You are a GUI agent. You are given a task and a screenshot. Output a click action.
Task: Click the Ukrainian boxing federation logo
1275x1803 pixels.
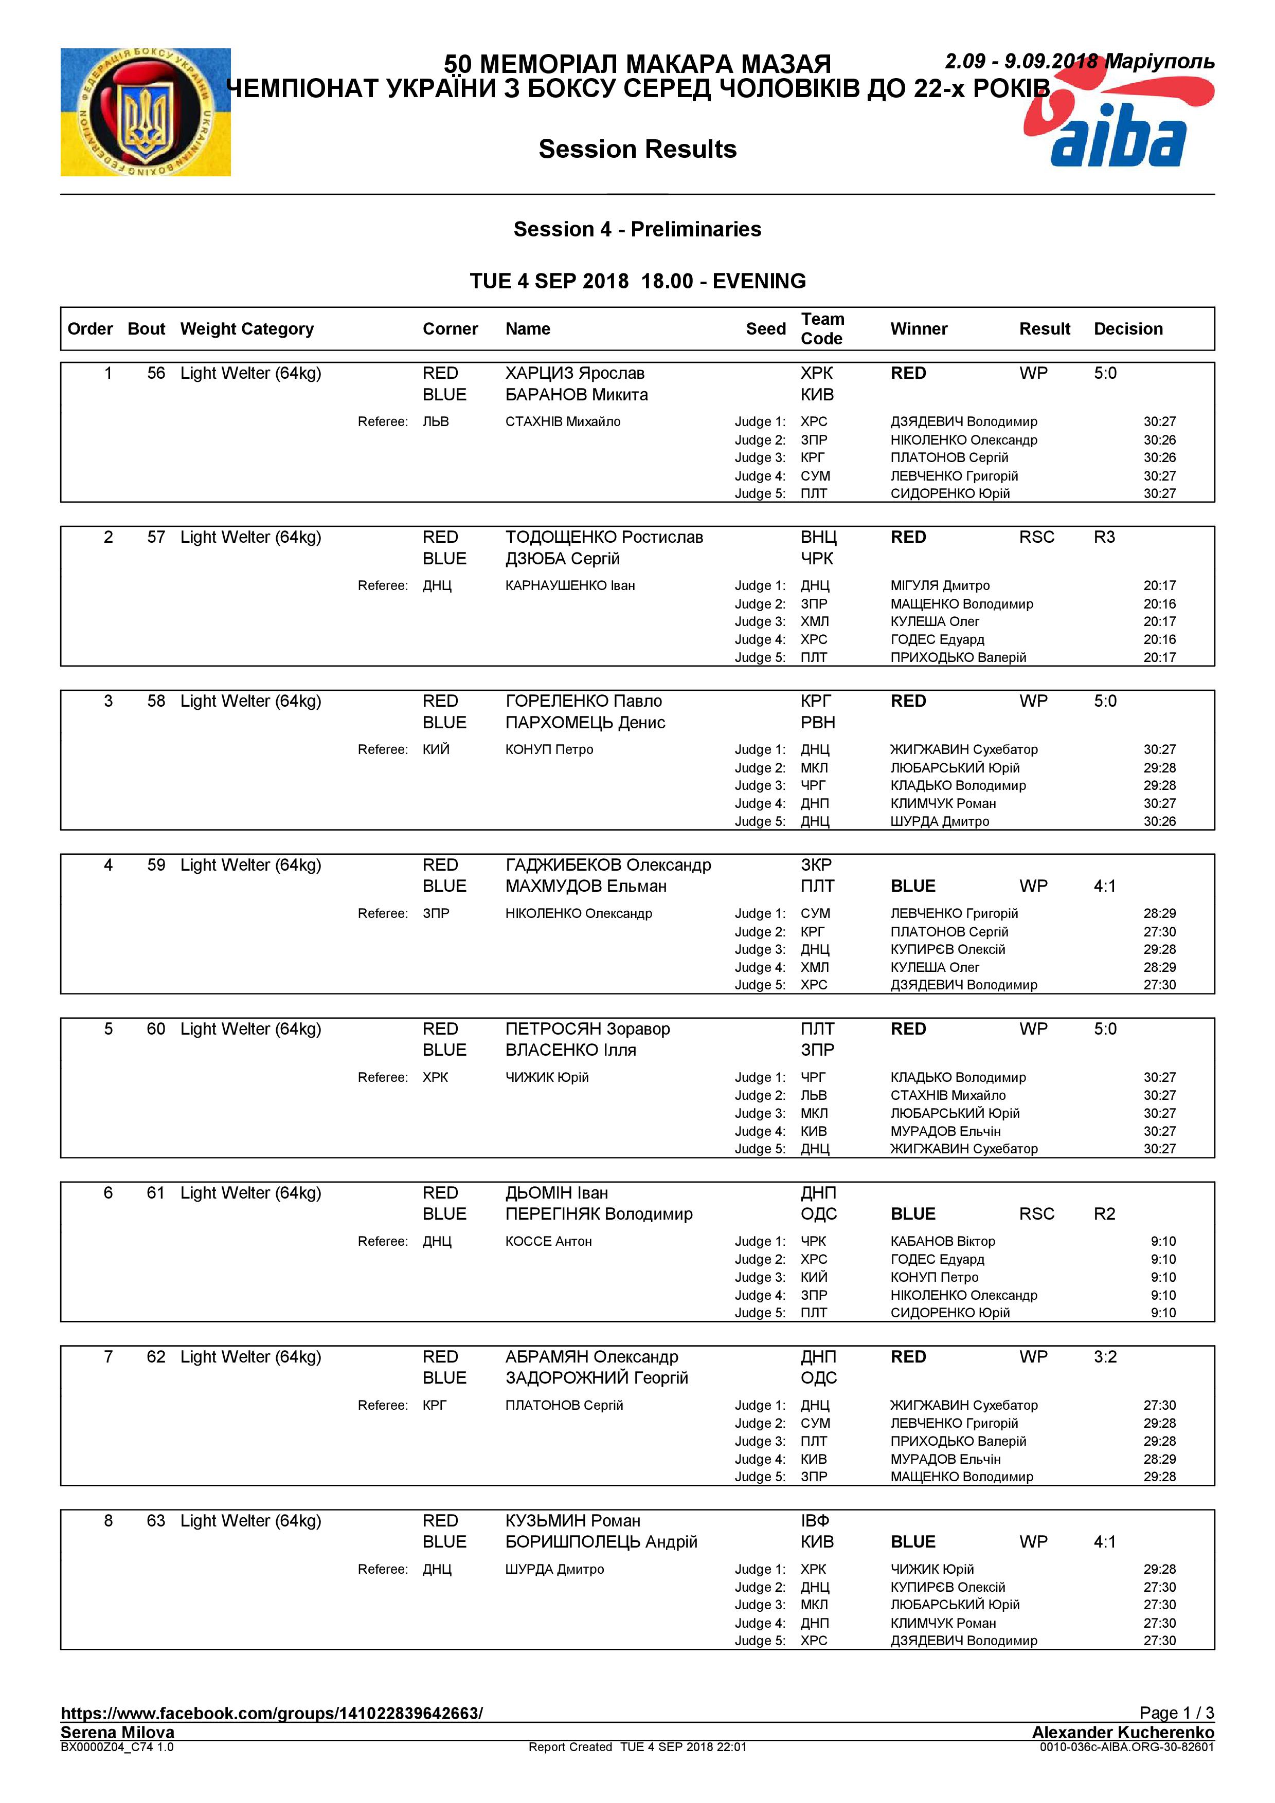point(146,112)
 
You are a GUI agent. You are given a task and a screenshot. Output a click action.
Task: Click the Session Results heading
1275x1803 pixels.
point(637,149)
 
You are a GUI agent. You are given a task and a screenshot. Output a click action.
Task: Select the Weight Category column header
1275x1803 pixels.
point(247,329)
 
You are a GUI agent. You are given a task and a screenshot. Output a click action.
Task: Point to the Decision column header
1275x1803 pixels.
point(1127,329)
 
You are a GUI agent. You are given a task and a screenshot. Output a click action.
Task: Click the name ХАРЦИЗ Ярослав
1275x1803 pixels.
point(574,373)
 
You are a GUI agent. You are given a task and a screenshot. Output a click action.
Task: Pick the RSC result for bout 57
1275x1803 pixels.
point(1036,537)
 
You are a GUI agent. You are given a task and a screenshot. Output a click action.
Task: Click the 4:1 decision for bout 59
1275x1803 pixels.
point(1105,886)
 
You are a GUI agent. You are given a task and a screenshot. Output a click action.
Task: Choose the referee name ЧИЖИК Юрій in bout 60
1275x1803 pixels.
point(547,1077)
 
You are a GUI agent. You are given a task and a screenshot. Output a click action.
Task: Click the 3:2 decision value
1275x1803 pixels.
point(1105,1357)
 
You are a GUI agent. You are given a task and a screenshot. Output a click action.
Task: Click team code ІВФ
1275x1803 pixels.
point(815,1520)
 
